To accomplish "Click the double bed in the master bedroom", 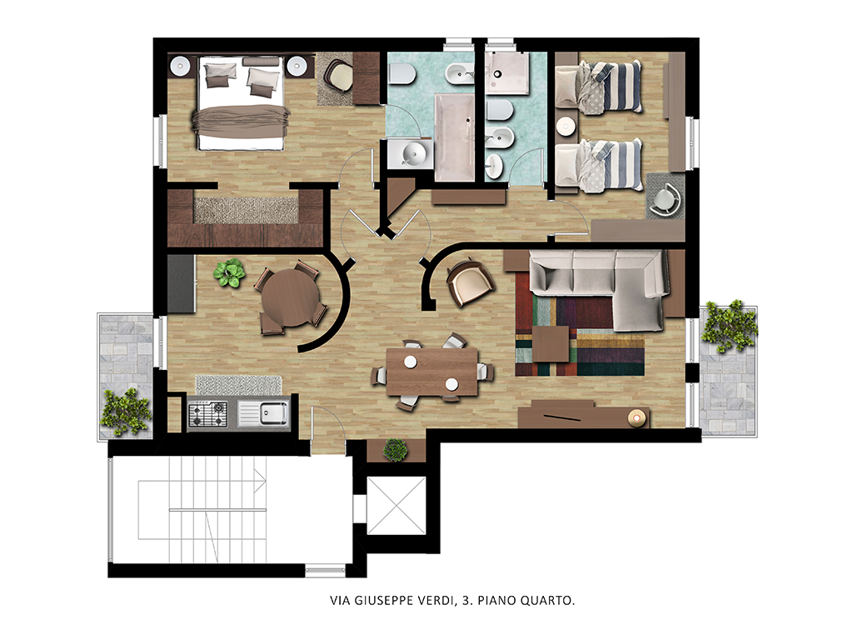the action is (240, 102).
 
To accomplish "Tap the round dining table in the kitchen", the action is (291, 297).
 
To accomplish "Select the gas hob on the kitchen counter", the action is (207, 414).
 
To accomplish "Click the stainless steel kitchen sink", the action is (272, 413).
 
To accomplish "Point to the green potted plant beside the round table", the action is (229, 272).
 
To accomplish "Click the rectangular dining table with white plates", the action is (432, 372).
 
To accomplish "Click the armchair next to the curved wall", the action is (470, 282).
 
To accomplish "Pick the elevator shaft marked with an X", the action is (396, 506).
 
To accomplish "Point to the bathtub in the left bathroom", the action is (454, 137).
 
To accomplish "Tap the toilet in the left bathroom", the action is (402, 73).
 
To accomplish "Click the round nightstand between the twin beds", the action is (566, 127).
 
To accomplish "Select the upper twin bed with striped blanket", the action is (598, 87).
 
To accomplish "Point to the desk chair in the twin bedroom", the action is (666, 199).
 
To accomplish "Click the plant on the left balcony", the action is (126, 412).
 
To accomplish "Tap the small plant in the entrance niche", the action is (396, 450).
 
